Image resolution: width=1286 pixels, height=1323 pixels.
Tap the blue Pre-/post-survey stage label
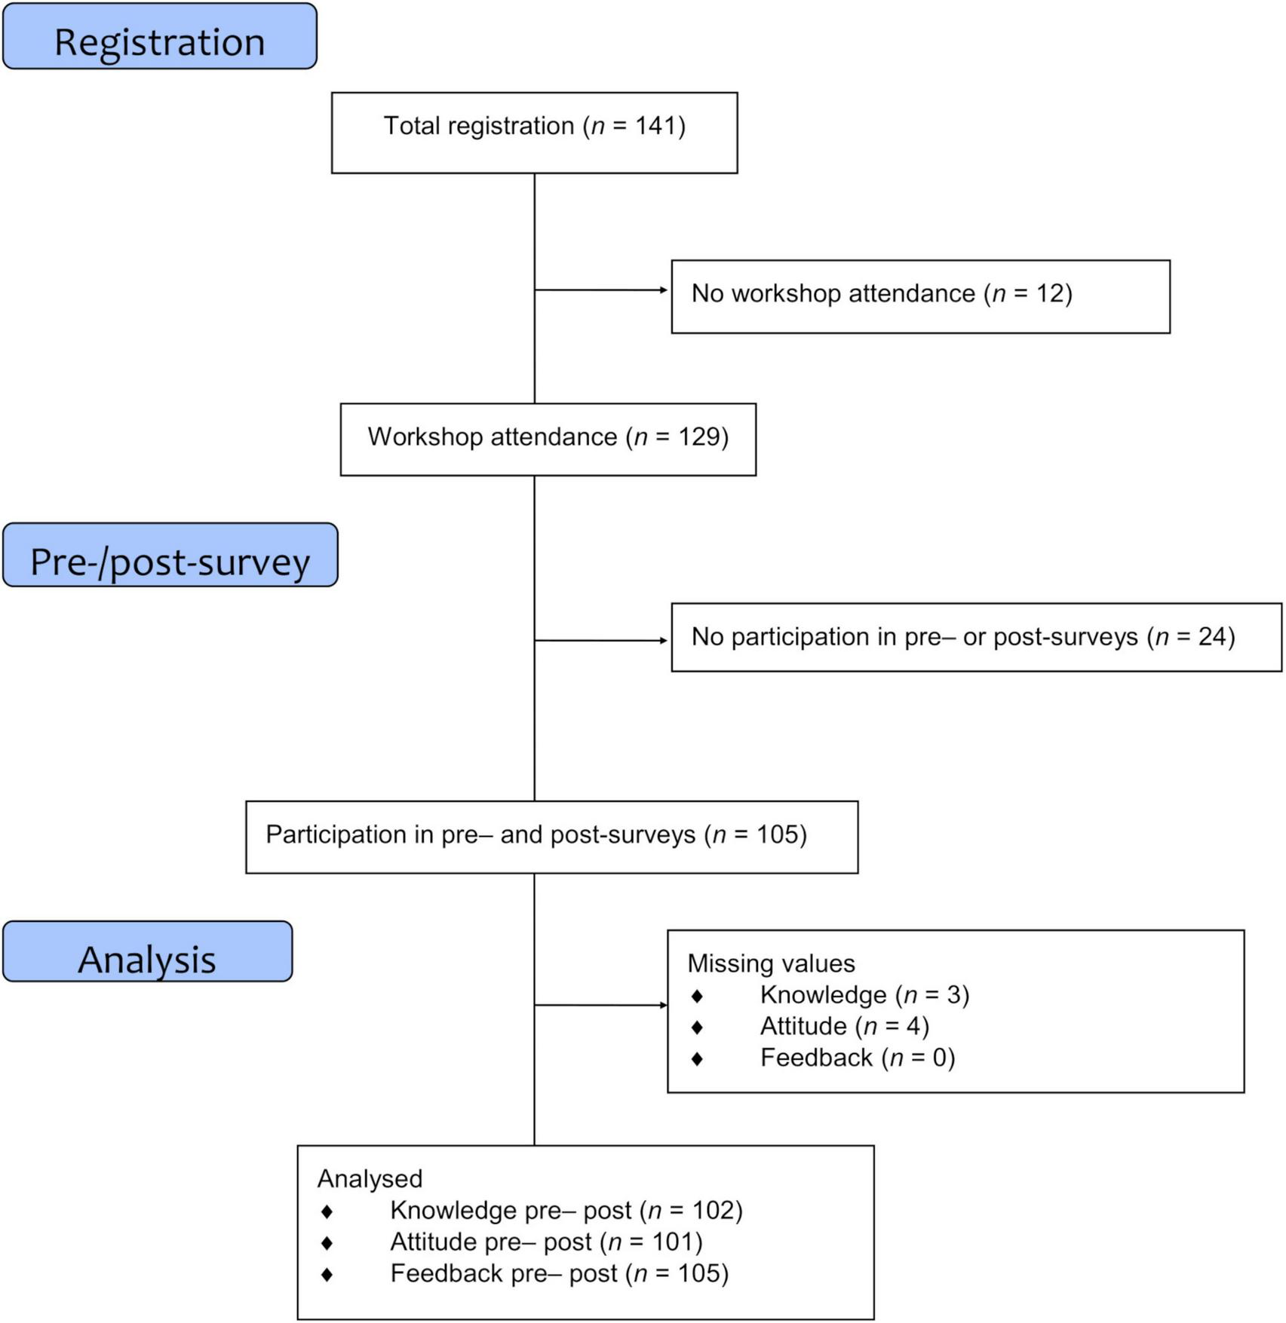coord(170,556)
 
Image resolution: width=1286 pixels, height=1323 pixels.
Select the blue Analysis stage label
coord(147,952)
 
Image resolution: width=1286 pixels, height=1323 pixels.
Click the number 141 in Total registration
coord(655,126)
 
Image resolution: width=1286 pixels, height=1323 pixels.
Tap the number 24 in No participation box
coord(1212,637)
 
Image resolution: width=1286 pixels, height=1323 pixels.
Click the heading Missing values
coord(771,963)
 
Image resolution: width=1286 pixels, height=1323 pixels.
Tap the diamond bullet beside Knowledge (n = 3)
coord(697,996)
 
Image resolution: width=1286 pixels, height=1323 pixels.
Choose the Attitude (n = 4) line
coord(844,1027)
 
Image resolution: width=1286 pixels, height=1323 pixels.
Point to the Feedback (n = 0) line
coord(857,1058)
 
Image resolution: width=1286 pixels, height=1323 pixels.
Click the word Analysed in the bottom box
coord(370,1179)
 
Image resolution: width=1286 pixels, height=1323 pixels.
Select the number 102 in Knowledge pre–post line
coord(712,1211)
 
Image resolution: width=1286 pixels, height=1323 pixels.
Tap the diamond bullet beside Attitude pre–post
coord(327,1242)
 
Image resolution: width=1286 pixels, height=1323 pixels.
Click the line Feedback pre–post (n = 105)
coord(559,1274)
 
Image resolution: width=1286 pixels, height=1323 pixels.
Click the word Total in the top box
coord(411,126)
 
